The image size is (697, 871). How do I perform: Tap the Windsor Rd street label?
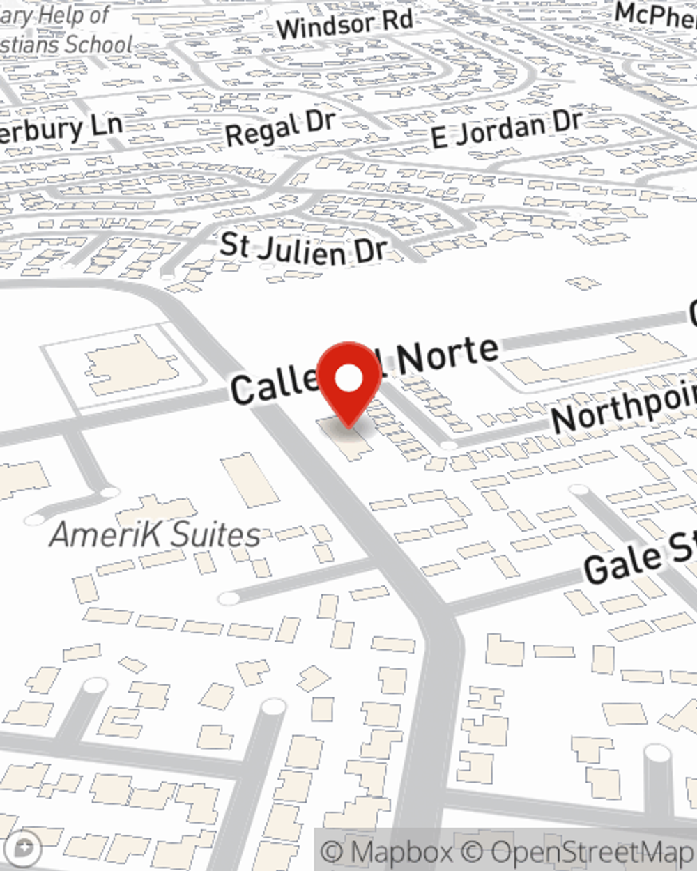pyautogui.click(x=345, y=25)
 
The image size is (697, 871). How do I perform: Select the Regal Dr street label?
pyautogui.click(x=280, y=128)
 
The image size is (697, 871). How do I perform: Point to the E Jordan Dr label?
pyautogui.click(x=505, y=129)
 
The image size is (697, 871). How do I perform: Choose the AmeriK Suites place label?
pyautogui.click(x=155, y=535)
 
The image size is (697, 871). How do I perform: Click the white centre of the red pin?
pyautogui.click(x=349, y=379)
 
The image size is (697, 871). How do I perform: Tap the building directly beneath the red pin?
pyautogui.click(x=346, y=436)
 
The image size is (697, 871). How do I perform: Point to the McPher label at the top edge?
pyautogui.click(x=655, y=14)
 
